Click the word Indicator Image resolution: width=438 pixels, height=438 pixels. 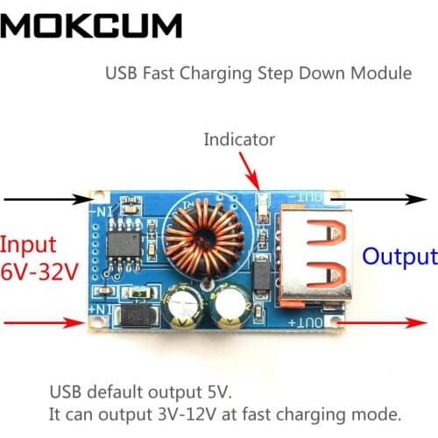tap(239, 138)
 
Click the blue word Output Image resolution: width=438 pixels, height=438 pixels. tap(399, 257)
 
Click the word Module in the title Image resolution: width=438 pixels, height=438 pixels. tap(382, 74)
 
